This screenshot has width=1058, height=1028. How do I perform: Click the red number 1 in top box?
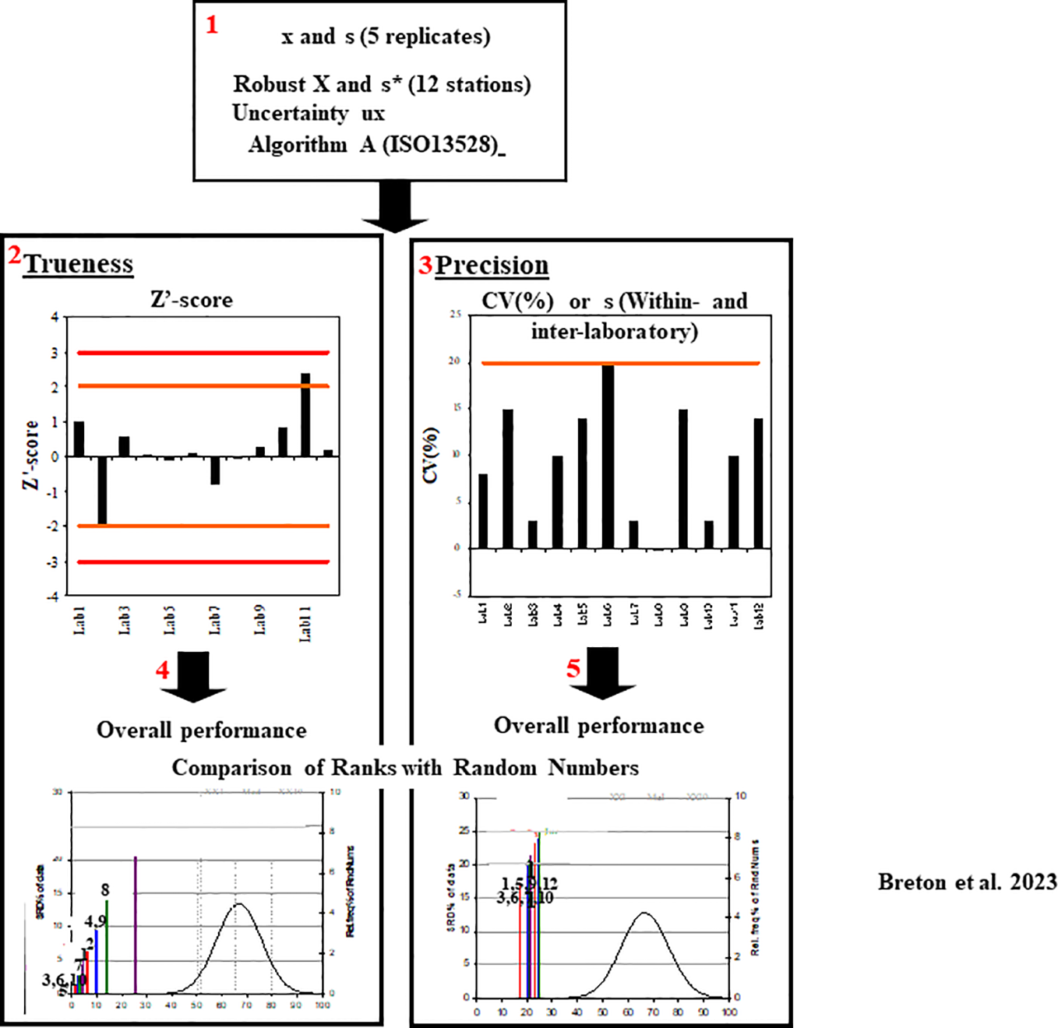(x=212, y=25)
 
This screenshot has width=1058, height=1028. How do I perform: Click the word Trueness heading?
(x=78, y=264)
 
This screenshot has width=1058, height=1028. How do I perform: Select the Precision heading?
(x=492, y=266)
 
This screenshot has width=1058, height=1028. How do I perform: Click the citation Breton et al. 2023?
(x=967, y=882)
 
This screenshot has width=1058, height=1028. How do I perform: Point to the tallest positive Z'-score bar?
(x=305, y=414)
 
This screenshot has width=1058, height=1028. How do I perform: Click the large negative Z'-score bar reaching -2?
(x=102, y=490)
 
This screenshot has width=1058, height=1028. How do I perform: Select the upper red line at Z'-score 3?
(x=203, y=353)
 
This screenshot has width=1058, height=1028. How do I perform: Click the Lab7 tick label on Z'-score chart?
(x=214, y=621)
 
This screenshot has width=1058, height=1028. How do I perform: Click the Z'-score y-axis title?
(x=31, y=456)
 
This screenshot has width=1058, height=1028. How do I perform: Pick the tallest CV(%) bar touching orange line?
(x=608, y=456)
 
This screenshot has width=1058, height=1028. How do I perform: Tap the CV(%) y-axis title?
(x=431, y=456)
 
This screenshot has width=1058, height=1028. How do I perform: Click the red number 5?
(x=573, y=669)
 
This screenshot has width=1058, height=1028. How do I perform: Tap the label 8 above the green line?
(x=105, y=890)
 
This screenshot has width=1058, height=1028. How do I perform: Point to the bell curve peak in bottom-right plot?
(x=644, y=914)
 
